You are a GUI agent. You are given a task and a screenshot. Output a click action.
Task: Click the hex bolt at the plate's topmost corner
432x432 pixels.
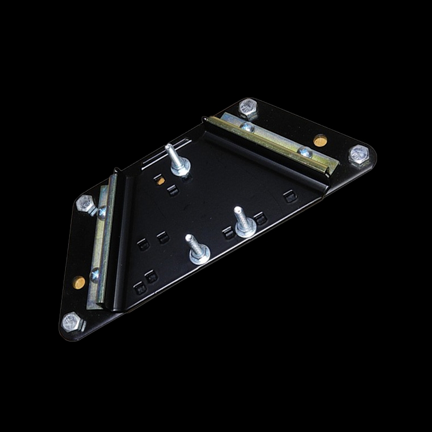(248, 109)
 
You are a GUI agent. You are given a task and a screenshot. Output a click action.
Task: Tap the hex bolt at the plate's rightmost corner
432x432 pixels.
(359, 154)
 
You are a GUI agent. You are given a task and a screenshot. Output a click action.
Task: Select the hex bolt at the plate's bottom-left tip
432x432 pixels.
(72, 322)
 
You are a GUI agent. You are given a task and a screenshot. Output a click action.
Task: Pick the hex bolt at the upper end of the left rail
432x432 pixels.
(85, 204)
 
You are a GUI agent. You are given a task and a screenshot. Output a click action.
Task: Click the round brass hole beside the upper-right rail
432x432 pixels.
(320, 141)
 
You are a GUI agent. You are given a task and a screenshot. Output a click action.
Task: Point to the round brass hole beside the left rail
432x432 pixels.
(79, 282)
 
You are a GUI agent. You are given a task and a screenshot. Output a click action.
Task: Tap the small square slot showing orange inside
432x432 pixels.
(159, 180)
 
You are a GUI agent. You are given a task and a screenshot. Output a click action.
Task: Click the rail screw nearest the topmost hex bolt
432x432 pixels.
(247, 127)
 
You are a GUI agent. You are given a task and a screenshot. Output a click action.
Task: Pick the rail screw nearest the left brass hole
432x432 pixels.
(95, 275)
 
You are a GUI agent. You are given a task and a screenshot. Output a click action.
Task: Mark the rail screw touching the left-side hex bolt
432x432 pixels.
(102, 212)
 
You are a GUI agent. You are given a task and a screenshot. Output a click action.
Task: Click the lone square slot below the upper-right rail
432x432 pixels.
(290, 197)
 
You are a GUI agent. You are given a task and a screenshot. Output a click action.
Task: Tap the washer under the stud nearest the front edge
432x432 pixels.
(199, 256)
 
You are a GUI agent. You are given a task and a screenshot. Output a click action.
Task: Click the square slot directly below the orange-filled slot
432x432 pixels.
(172, 190)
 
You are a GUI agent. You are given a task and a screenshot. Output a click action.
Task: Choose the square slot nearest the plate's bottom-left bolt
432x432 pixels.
(139, 288)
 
